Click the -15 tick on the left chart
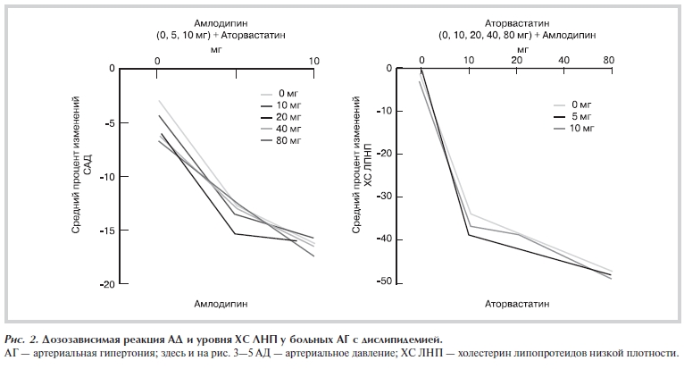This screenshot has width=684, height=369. (x=108, y=231)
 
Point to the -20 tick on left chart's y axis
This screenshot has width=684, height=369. (x=108, y=284)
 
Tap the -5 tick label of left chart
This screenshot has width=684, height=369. (x=111, y=122)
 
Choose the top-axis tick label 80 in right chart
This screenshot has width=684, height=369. (x=608, y=60)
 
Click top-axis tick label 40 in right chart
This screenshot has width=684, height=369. (x=563, y=60)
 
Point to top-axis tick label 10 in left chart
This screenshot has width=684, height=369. (x=313, y=60)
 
